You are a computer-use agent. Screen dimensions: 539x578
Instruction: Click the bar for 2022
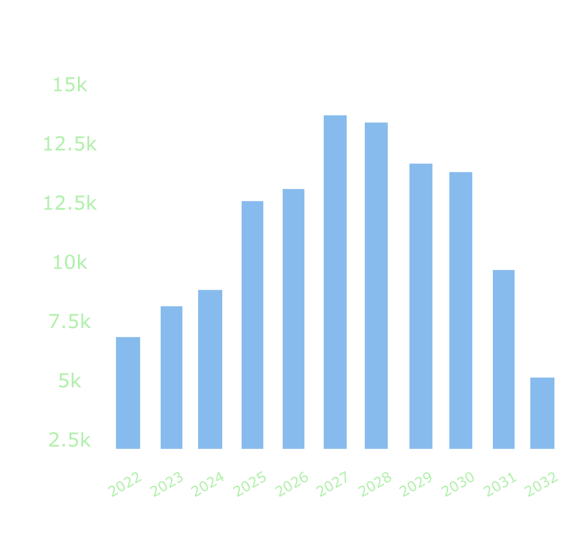click(x=127, y=393)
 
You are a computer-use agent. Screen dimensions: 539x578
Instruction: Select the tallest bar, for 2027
click(x=335, y=282)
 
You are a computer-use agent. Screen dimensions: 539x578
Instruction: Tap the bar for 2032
click(x=542, y=413)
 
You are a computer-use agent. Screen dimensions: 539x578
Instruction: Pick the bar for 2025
click(x=252, y=324)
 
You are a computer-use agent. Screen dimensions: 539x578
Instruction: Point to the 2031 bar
click(x=504, y=359)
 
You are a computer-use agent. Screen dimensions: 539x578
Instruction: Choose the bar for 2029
click(x=420, y=306)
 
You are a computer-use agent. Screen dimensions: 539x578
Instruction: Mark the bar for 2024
click(x=210, y=369)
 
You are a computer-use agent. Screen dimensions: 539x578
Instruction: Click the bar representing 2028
click(x=376, y=285)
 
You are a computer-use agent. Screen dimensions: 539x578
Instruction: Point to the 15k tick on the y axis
click(x=69, y=85)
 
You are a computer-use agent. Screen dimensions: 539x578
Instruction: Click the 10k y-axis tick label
click(x=69, y=263)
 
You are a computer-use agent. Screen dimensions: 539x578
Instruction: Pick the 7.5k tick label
click(x=69, y=322)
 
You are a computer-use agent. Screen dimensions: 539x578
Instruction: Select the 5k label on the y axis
click(x=69, y=381)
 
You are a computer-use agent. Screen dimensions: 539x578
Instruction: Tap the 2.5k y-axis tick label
click(x=69, y=440)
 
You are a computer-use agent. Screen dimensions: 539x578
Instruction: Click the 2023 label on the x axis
click(x=166, y=485)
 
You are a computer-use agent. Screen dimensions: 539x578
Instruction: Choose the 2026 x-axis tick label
click(x=292, y=485)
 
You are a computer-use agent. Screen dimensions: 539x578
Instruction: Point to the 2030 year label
click(x=459, y=485)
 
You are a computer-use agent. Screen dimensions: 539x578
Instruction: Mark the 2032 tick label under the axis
click(x=542, y=485)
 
